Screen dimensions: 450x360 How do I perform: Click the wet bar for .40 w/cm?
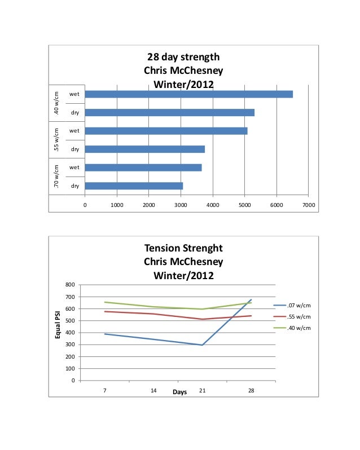click(188, 94)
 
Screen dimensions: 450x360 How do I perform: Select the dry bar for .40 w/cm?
click(169, 112)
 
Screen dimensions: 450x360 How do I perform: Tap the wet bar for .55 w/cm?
click(166, 131)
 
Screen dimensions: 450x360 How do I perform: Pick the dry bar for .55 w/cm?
click(144, 149)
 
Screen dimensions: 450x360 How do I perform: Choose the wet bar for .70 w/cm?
click(143, 167)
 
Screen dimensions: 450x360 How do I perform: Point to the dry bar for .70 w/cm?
click(134, 186)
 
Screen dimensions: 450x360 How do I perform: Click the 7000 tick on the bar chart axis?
click(308, 205)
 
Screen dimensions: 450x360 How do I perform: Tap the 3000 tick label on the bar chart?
click(181, 205)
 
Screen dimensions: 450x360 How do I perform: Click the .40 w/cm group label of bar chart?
click(56, 103)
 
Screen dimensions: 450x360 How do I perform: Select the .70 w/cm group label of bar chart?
click(56, 177)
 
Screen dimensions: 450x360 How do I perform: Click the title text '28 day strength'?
click(183, 57)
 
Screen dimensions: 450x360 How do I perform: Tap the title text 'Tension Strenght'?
click(183, 248)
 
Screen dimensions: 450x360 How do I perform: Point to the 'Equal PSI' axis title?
click(57, 325)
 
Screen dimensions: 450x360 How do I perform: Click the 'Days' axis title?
click(179, 392)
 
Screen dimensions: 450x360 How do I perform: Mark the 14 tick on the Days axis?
click(153, 390)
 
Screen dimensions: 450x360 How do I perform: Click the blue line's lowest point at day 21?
click(202, 345)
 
